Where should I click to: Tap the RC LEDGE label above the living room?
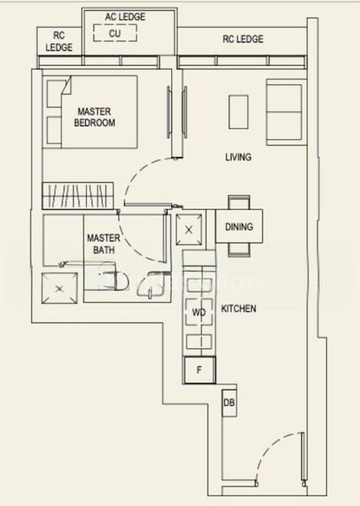click(243, 39)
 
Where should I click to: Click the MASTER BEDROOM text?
click(96, 116)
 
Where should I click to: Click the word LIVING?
click(239, 158)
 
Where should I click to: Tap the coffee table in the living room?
click(239, 111)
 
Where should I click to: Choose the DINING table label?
click(239, 227)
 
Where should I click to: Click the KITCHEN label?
click(239, 310)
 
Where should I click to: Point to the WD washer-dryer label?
click(199, 313)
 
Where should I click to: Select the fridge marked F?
click(200, 369)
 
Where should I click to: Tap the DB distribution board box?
click(229, 404)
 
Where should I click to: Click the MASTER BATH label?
click(102, 244)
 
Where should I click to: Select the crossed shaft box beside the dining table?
click(189, 229)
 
